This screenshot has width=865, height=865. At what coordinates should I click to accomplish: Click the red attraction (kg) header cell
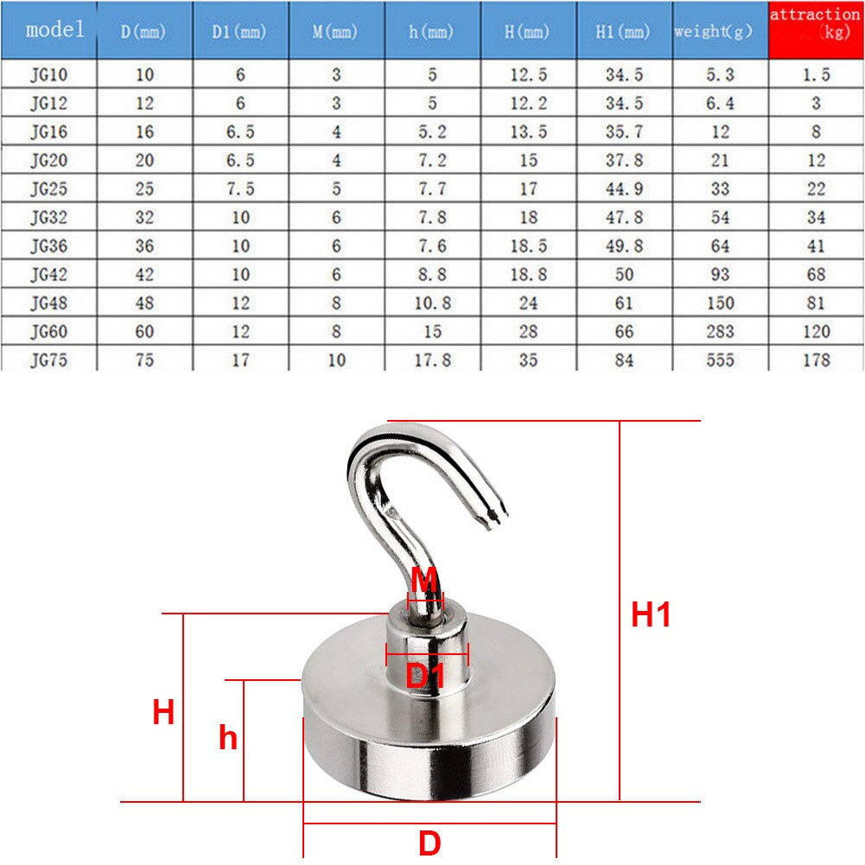click(816, 29)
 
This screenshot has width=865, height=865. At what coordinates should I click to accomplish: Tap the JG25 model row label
click(48, 189)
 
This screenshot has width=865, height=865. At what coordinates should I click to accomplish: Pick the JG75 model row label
click(48, 360)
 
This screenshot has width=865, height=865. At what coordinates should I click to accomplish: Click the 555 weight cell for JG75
click(719, 360)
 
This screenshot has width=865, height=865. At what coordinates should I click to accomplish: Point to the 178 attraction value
click(815, 360)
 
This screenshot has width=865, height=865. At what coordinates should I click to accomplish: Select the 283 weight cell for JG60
click(719, 332)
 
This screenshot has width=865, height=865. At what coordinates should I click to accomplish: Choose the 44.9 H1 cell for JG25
click(623, 189)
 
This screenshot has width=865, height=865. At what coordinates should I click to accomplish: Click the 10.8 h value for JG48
click(432, 303)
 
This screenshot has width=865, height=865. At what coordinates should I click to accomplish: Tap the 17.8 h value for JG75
click(432, 360)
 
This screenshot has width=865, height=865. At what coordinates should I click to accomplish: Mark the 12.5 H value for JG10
click(528, 75)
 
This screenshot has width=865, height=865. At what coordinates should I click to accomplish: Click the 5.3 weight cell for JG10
click(719, 75)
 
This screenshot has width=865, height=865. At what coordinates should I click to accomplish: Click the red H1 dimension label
click(651, 615)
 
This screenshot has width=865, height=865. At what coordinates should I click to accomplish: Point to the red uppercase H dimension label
click(163, 714)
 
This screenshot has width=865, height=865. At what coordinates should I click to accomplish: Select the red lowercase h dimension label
click(227, 739)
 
